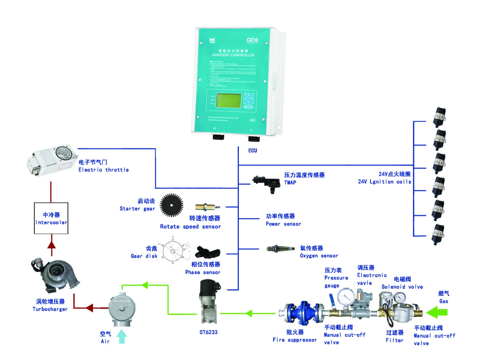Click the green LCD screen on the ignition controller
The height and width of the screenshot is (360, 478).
229,100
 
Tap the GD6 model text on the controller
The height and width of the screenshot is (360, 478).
252,40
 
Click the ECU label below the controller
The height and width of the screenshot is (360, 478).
252,150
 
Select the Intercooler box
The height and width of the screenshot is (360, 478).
51,218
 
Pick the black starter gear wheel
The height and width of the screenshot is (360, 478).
171,205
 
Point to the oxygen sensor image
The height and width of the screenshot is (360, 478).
280,249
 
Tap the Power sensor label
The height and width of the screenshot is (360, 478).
283,220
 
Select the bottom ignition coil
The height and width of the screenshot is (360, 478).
438,233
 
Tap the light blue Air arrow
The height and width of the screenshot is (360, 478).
121,336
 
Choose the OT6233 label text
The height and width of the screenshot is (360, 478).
208,332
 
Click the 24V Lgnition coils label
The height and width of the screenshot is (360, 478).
384,178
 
